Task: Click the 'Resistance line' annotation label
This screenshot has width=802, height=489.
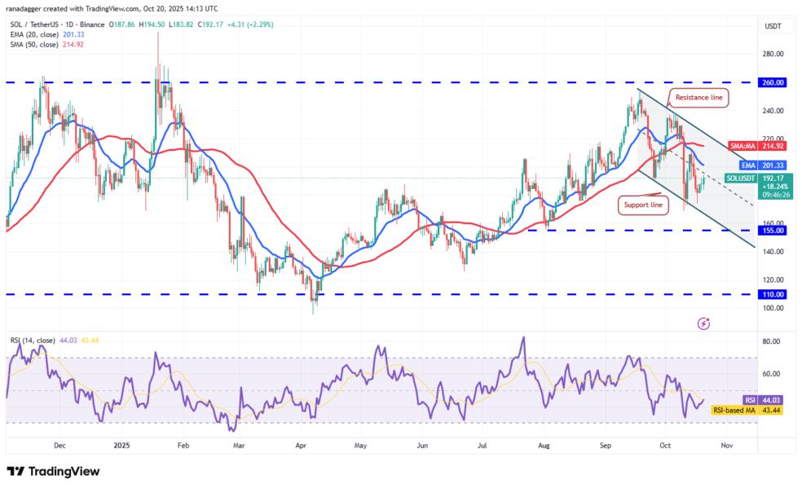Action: click(698, 98)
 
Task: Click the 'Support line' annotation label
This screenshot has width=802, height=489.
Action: click(645, 204)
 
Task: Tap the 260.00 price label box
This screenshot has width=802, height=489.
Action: click(773, 82)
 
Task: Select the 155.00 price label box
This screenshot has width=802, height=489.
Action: click(773, 231)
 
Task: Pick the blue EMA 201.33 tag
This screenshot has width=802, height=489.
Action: click(763, 164)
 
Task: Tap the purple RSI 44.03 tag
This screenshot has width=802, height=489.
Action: click(764, 399)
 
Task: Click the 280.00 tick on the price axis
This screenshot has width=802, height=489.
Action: click(773, 54)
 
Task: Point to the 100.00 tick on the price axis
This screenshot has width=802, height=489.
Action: click(773, 307)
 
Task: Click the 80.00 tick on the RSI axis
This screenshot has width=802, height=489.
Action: click(771, 341)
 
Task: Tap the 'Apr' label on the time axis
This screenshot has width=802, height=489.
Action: click(301, 446)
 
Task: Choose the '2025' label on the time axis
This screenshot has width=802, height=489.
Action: click(121, 446)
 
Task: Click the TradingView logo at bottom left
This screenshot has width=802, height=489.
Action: click(53, 471)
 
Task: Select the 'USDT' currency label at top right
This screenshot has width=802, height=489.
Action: click(772, 26)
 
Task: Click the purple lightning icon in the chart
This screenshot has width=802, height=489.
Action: click(704, 324)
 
